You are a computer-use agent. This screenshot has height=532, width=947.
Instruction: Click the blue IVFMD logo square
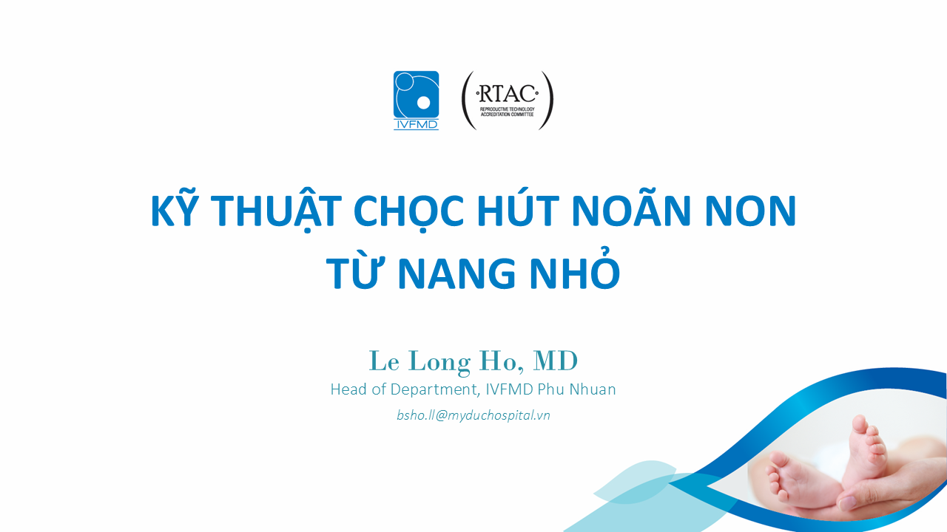pos(416,94)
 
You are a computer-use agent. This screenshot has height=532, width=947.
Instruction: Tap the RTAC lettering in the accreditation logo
pos(507,94)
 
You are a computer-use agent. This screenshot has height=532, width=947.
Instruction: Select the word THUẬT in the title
pos(276,211)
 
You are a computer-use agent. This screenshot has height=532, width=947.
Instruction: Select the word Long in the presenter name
pos(439,362)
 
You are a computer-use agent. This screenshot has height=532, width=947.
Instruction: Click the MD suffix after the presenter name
pos(555,361)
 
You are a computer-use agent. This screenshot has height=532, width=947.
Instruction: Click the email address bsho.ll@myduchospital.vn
pos(473,415)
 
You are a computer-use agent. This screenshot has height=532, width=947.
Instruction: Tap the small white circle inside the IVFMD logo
pos(423,103)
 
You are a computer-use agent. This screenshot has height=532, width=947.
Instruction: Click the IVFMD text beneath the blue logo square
pos(416,125)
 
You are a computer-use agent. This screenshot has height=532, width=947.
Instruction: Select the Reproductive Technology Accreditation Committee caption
pos(507,112)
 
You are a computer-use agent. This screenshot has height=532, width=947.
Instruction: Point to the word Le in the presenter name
pos(384,361)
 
